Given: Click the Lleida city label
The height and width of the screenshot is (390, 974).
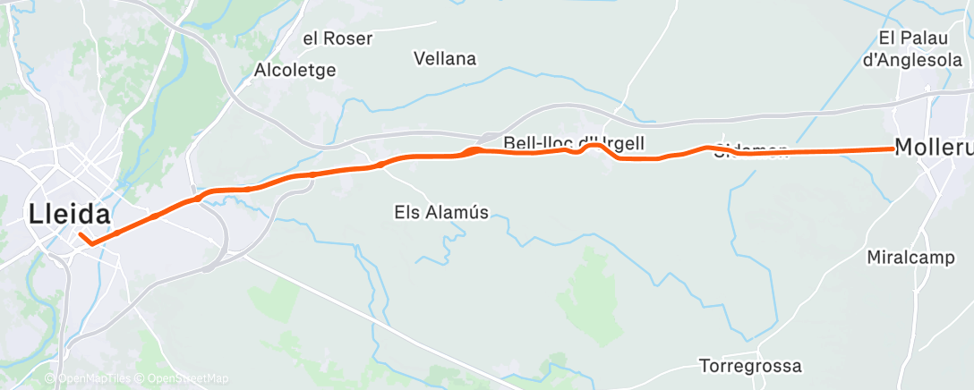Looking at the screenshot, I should (70, 215).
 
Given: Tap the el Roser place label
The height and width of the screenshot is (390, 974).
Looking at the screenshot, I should (337, 38).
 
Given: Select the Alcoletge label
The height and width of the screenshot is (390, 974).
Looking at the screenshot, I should (295, 70).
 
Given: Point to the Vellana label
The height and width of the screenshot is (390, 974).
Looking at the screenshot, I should (445, 59).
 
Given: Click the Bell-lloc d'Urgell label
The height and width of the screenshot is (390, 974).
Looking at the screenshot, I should (573, 142).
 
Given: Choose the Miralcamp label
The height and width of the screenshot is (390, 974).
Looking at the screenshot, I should (910, 258).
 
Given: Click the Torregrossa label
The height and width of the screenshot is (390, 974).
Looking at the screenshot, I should (750, 367).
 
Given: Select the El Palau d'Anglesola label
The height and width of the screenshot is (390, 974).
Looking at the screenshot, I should (922, 48).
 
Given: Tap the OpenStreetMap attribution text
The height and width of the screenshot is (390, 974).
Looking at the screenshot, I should (183, 378).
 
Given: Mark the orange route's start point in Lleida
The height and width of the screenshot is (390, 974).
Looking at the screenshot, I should (80, 234).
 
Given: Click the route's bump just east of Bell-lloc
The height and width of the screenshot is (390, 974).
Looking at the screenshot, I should (594, 145).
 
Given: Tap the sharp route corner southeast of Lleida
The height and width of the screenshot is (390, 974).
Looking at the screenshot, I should (91, 243).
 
